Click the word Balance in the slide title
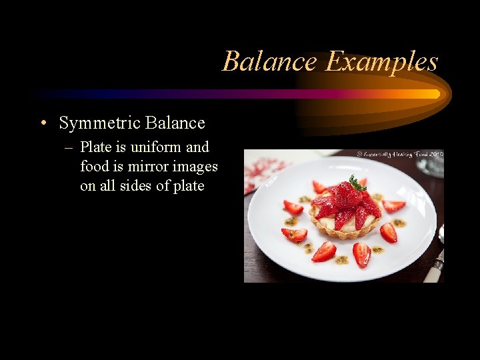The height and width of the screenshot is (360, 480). [269, 61]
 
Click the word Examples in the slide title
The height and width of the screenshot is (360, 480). [381, 62]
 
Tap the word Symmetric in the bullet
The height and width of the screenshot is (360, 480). [99, 123]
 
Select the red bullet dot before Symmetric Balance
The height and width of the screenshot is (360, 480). [43, 123]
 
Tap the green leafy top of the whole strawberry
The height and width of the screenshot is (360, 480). [357, 182]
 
